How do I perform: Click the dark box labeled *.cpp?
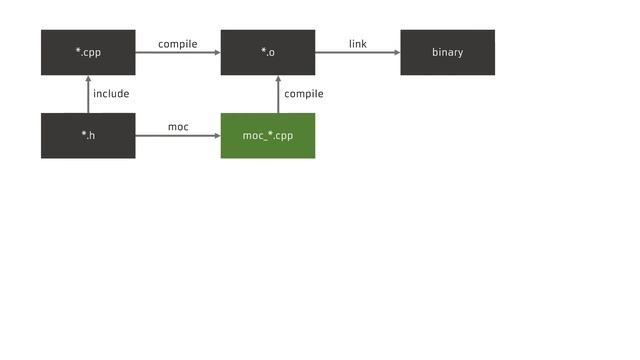pos(88,52)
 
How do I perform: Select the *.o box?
pos(268,52)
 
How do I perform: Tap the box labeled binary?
pos(447,52)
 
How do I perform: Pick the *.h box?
pos(88,136)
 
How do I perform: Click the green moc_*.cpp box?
pos(268,136)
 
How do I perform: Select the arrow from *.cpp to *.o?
pos(178,53)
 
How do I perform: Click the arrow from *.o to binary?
pos(358,53)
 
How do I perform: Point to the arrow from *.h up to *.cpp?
pos(88,95)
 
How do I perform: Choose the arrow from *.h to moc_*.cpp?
pos(178,136)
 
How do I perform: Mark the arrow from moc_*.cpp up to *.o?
pos(278,95)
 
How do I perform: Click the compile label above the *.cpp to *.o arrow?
pos(178,44)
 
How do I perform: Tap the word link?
pos(358,44)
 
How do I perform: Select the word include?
pos(111,94)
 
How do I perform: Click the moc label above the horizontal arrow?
pos(178,127)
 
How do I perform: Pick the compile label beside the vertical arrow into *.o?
pos(304,94)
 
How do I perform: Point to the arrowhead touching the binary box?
pos(396,53)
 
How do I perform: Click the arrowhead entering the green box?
pos(216,136)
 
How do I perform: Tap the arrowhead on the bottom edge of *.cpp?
pos(88,80)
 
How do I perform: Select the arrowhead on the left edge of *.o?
pos(216,53)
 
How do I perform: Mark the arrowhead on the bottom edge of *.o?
pos(278,80)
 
